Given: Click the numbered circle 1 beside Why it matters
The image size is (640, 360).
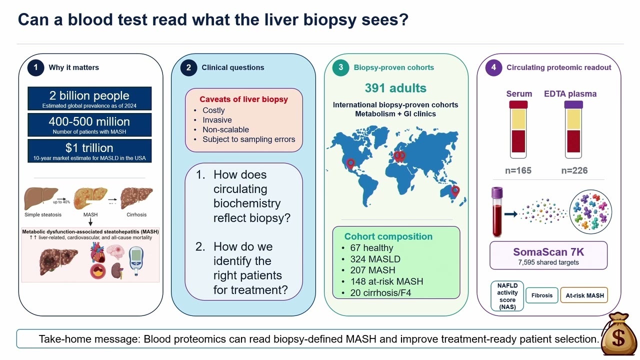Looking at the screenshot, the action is point(35,67).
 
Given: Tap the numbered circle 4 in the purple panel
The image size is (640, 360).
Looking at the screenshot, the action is point(493,67).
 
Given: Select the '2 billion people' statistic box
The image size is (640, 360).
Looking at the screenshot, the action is point(89,98).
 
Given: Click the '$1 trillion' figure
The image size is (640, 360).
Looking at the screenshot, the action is point(89,147).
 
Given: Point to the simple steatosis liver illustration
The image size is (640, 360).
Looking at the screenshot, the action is point(41,198).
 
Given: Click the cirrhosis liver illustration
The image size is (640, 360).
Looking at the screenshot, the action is point(136,197).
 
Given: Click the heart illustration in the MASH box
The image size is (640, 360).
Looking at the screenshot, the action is point(97,252).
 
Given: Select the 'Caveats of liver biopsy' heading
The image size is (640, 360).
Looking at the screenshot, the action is point(243,99).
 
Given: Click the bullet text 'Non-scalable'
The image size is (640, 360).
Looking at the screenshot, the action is point(225,129).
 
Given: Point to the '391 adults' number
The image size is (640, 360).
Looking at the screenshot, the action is point(395,88).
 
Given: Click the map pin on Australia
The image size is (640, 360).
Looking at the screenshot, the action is point(455,190).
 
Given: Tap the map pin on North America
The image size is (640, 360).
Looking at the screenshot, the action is point(350,163).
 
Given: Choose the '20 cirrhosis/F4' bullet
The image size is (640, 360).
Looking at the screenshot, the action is point(380,293).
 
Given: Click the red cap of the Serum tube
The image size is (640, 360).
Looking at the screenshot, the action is point(518,104).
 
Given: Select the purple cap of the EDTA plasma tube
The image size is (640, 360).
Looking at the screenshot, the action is point(573,104).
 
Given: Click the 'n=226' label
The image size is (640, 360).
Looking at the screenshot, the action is point(574,170).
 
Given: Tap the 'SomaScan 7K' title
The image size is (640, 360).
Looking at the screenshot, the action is point(548,252).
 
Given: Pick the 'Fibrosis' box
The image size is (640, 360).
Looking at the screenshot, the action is point(541,295).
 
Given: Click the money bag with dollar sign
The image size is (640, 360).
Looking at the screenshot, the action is point(619,334).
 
